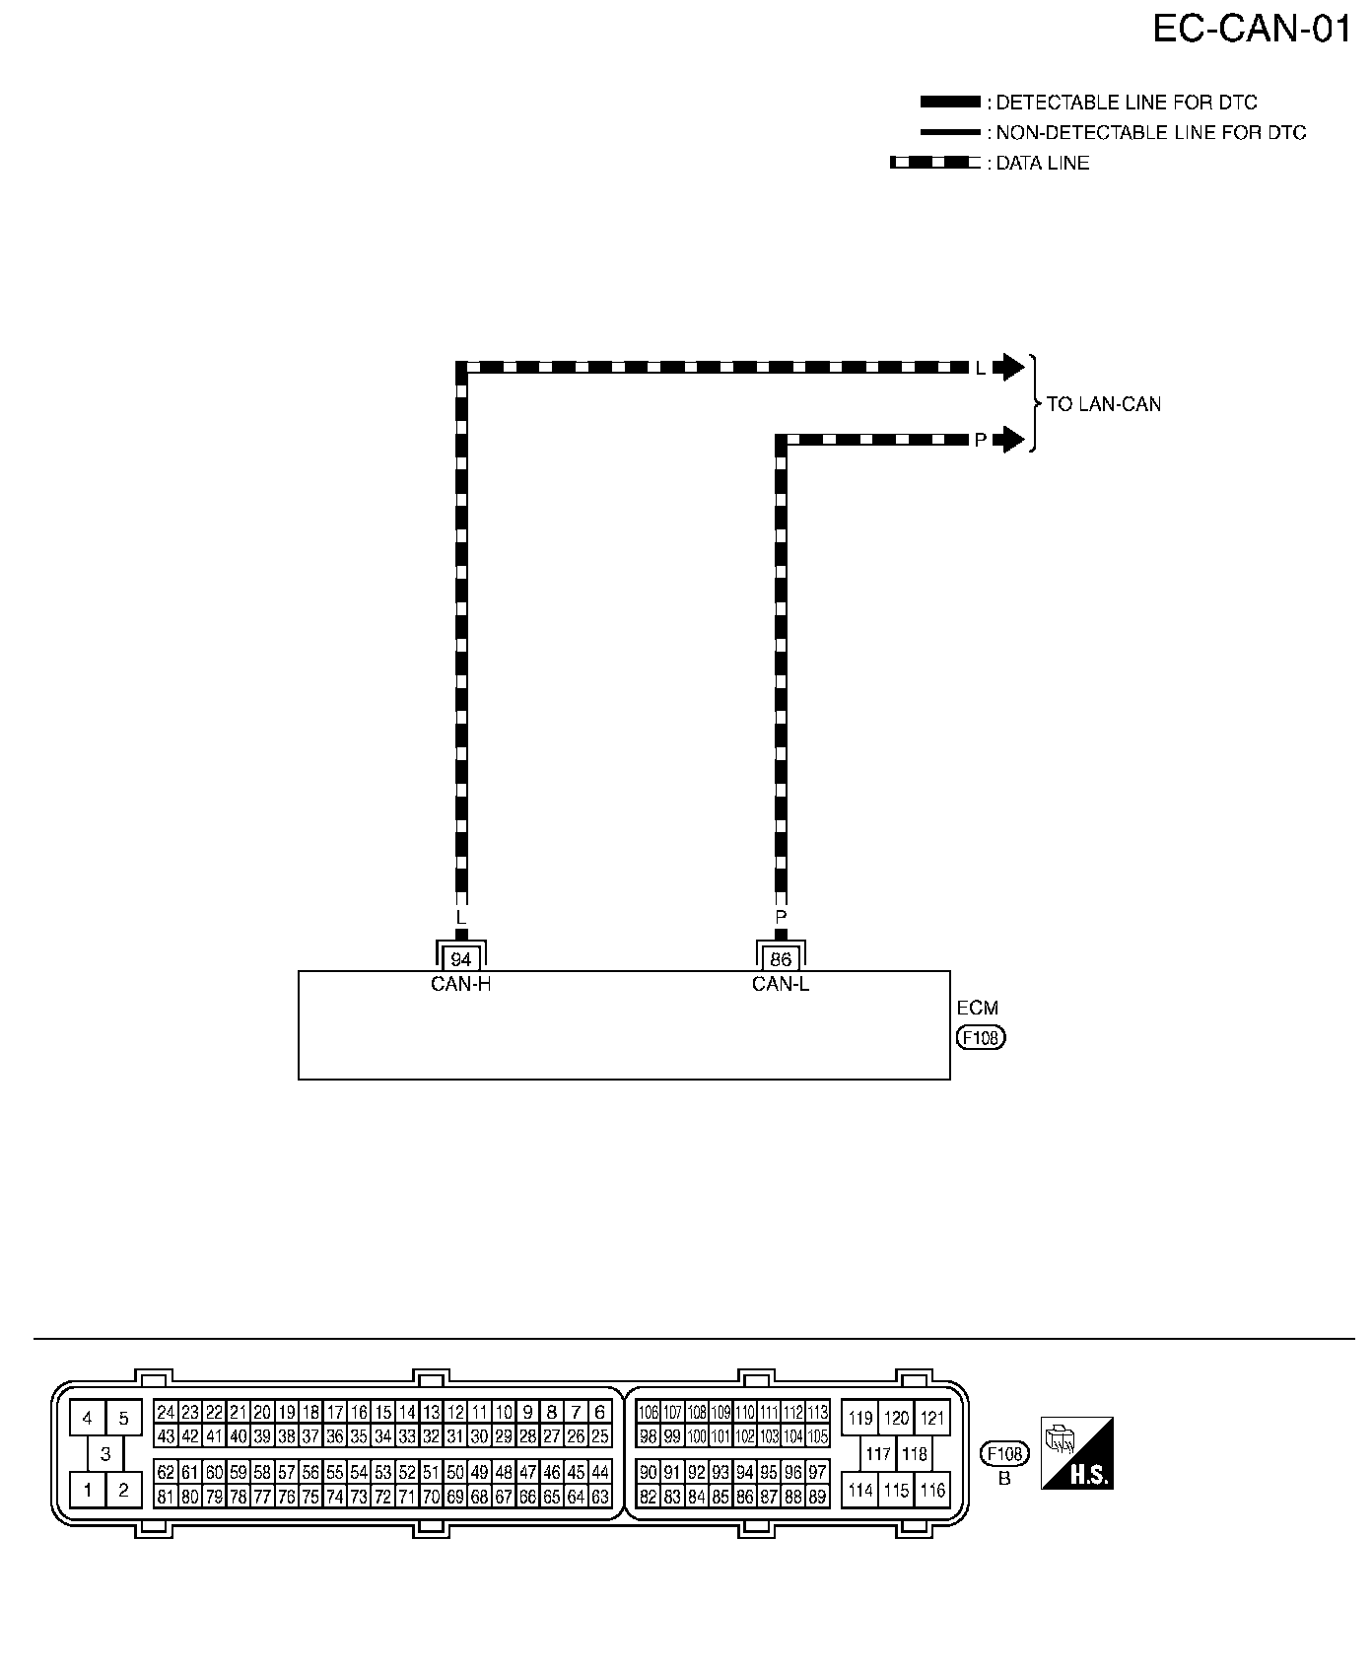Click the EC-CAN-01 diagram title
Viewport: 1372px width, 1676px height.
pos(1252,30)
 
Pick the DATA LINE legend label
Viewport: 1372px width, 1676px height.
pos(1043,164)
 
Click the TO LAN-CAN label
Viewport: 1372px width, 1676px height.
pos(1104,404)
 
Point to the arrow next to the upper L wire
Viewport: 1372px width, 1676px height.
pos(1009,368)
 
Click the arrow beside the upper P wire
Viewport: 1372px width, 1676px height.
pos(1009,440)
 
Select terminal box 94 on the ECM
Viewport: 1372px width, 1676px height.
pos(461,959)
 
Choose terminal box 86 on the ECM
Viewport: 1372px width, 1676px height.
pos(781,959)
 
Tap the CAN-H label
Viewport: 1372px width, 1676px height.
pos(461,984)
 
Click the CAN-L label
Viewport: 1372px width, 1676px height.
pos(781,984)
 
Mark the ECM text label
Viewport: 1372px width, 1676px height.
pos(978,1009)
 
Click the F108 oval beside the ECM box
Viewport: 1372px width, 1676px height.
pos(982,1038)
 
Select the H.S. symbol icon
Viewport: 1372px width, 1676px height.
pos(1077,1452)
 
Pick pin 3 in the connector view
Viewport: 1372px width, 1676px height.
pos(105,1454)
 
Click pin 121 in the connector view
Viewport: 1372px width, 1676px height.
pos(932,1419)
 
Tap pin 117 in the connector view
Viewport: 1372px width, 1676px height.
pos(878,1454)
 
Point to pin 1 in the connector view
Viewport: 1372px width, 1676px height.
pos(88,1490)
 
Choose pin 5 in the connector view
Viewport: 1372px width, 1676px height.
pos(123,1419)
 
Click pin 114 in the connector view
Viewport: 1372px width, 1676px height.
pos(860,1491)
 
